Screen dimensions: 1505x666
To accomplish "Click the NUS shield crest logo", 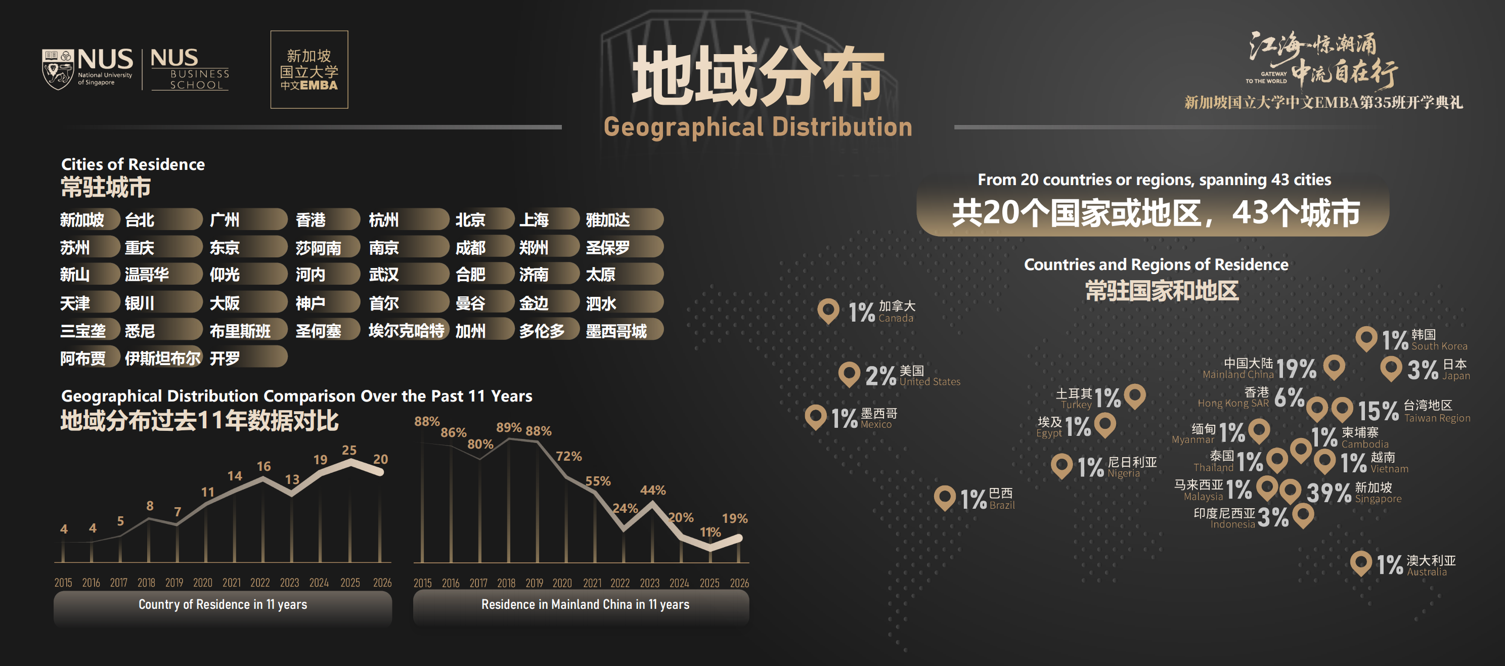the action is (58, 69).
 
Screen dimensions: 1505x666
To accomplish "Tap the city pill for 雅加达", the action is (624, 219).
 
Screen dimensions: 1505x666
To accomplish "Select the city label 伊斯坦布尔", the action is (162, 358).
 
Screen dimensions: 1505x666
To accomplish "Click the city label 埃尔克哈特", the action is (407, 331).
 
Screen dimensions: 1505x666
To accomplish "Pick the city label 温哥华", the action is (147, 275).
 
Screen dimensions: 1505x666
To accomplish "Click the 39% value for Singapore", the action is (1329, 493).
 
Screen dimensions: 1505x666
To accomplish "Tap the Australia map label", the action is (1431, 565).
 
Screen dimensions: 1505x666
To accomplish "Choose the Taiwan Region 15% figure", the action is (1378, 411).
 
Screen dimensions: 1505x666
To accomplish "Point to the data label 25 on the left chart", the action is (349, 450).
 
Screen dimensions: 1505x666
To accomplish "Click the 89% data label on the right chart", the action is (509, 428).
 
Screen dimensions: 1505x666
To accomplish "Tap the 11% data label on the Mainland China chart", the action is (711, 532).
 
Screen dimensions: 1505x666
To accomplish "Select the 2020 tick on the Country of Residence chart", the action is (203, 583).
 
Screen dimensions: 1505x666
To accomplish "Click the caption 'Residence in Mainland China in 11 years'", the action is (586, 604).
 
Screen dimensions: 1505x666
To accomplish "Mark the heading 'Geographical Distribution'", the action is (758, 127).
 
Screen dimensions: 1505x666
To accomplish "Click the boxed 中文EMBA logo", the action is (309, 69).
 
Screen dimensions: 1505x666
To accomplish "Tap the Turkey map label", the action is (1075, 398).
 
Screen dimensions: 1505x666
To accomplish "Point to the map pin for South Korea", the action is (1366, 339).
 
